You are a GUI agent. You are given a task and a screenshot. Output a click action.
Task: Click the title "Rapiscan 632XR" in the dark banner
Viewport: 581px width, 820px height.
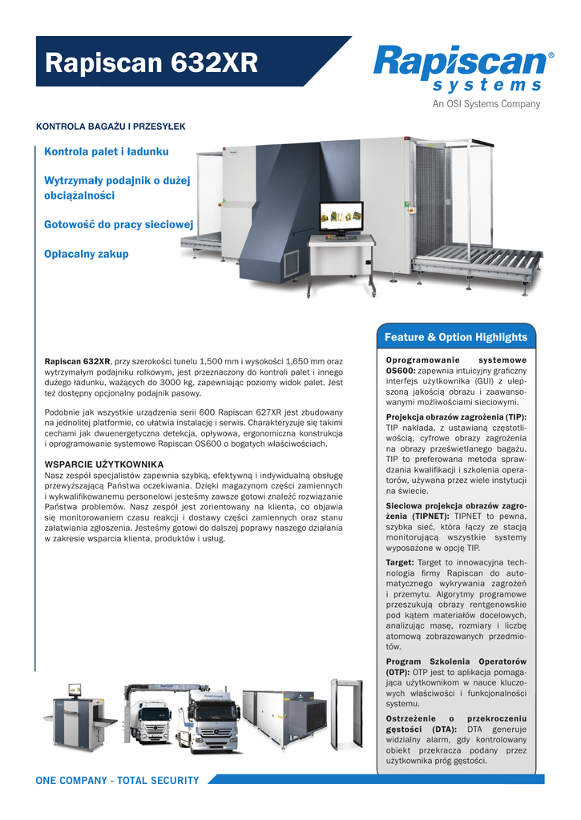(151, 63)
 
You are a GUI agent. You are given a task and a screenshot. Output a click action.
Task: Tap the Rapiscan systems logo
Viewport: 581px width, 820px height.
(462, 69)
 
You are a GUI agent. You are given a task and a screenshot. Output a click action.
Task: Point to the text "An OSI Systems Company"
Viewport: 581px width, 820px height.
(486, 104)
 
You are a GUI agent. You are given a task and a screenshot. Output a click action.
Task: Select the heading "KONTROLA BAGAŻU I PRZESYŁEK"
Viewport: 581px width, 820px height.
(111, 127)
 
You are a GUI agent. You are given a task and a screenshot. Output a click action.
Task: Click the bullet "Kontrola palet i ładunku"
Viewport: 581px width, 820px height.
(107, 151)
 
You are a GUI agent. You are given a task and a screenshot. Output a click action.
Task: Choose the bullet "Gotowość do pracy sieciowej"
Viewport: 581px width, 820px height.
(119, 225)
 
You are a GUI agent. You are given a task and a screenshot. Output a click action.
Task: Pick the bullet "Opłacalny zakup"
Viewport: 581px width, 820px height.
(87, 254)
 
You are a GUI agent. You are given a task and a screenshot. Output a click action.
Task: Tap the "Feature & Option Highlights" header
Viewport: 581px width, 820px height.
(455, 337)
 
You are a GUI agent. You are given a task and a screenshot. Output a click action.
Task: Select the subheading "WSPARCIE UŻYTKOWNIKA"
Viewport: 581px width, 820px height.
(104, 464)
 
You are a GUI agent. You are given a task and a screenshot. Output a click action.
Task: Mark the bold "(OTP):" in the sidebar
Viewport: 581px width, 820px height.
(398, 673)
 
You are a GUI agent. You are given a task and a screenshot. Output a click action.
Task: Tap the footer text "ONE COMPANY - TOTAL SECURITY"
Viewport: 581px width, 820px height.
(117, 781)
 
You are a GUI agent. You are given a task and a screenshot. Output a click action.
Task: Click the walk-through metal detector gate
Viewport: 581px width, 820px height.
(347, 713)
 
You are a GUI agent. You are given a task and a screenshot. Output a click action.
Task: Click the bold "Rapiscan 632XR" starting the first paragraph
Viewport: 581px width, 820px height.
(78, 362)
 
